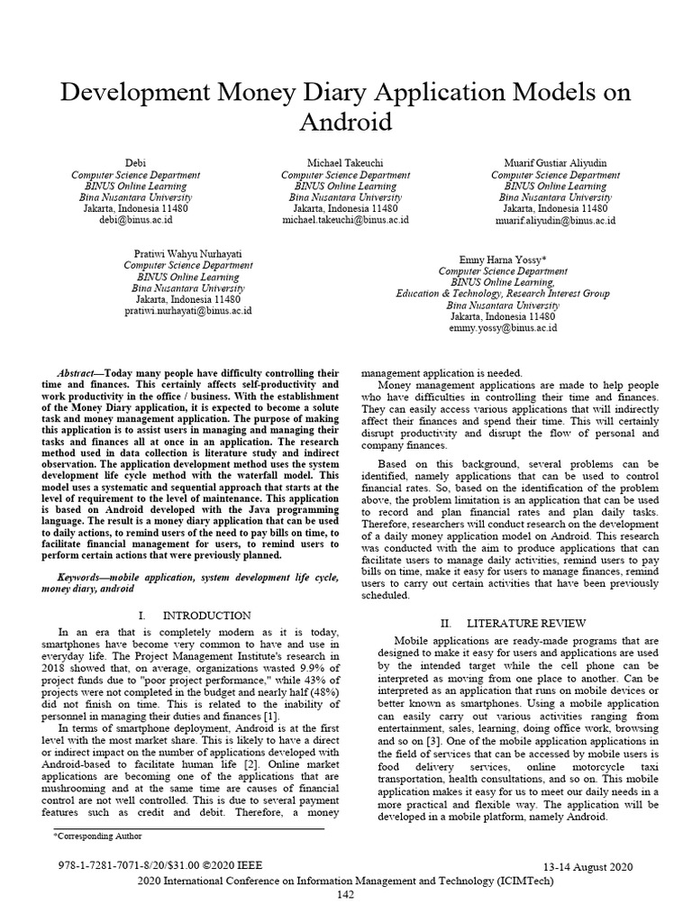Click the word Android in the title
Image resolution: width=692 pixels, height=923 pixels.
click(x=345, y=122)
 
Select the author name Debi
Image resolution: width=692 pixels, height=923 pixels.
click(x=135, y=162)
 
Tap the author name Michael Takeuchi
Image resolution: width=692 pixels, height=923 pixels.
click(x=345, y=162)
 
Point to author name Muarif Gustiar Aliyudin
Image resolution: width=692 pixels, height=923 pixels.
click(x=555, y=162)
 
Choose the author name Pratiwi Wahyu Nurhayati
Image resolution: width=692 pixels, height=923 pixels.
click(x=187, y=254)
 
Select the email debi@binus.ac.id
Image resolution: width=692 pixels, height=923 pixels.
click(x=135, y=219)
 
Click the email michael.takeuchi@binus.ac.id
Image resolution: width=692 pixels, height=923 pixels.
click(x=345, y=219)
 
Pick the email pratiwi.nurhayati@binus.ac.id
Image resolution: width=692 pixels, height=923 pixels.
click(x=187, y=310)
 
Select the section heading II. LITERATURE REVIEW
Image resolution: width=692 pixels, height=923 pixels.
click(x=512, y=623)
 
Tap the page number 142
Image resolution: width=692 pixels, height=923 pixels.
click(x=345, y=894)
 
